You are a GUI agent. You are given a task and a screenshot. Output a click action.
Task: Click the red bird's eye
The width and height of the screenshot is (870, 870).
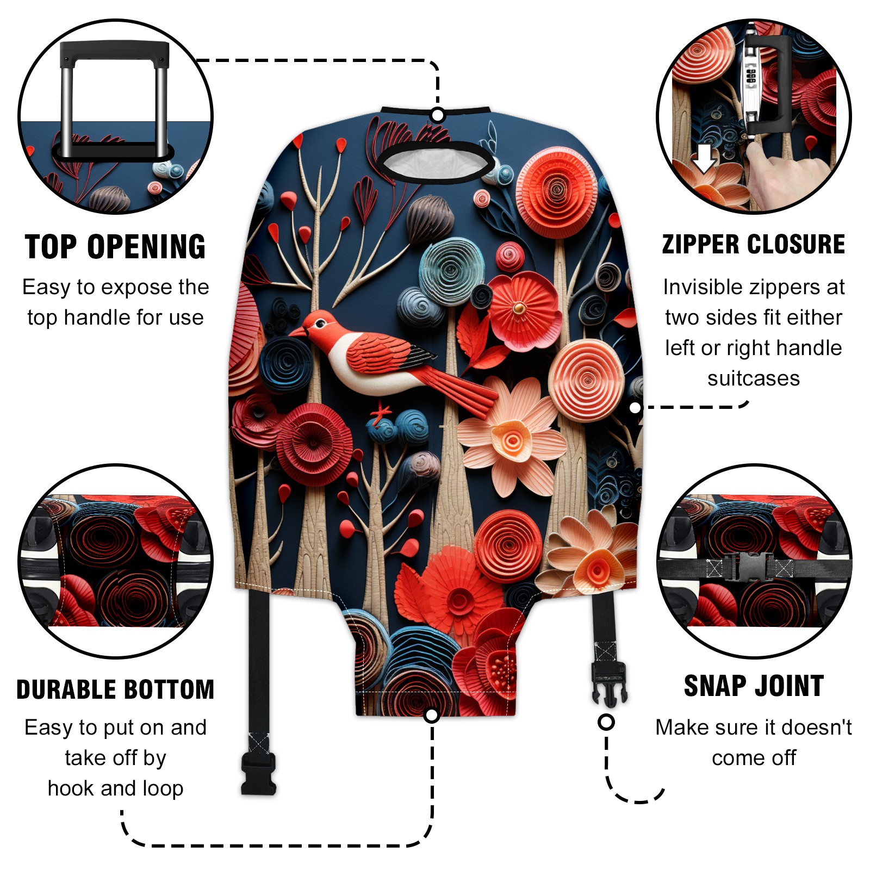pos(320,324)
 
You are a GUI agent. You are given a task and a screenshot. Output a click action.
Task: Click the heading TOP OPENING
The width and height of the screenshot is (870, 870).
pos(115,247)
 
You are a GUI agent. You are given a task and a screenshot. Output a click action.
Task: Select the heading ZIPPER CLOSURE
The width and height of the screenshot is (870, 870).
pos(754,244)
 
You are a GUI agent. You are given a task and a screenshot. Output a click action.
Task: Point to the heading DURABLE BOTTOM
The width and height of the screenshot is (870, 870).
pos(115,689)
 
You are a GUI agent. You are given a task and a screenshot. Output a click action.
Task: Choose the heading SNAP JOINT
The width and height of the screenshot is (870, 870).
pos(754,686)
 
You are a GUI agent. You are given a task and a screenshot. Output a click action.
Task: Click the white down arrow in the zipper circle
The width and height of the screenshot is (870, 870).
pos(704,158)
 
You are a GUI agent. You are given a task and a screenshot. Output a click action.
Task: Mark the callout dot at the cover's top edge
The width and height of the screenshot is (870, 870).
pos(438,115)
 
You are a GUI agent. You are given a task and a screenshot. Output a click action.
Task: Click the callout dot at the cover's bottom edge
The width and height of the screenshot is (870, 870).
pos(432,715)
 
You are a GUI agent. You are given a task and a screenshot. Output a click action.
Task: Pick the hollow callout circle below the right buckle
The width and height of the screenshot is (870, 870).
pos(606,722)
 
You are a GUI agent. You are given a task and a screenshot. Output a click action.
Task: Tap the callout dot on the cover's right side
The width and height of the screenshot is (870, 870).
pos(635,408)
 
